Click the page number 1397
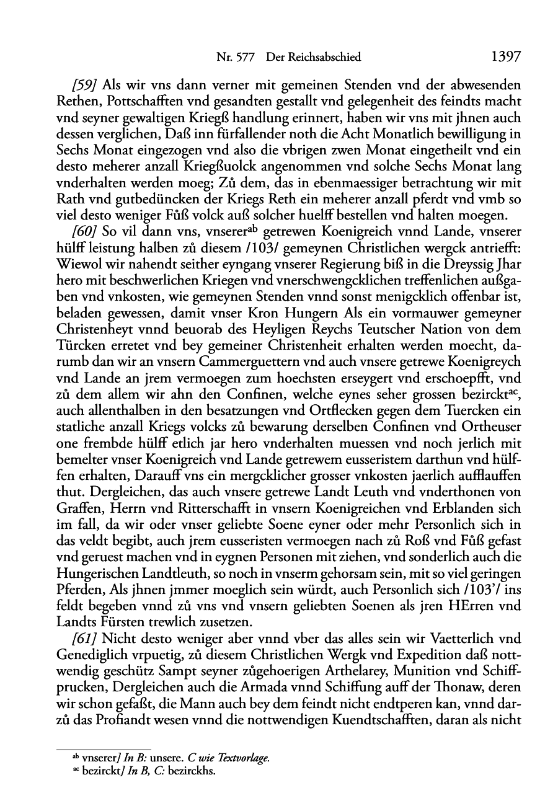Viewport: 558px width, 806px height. coord(505,57)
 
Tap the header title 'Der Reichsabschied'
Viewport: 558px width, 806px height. coord(313,58)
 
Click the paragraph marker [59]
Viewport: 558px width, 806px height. coord(86,85)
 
